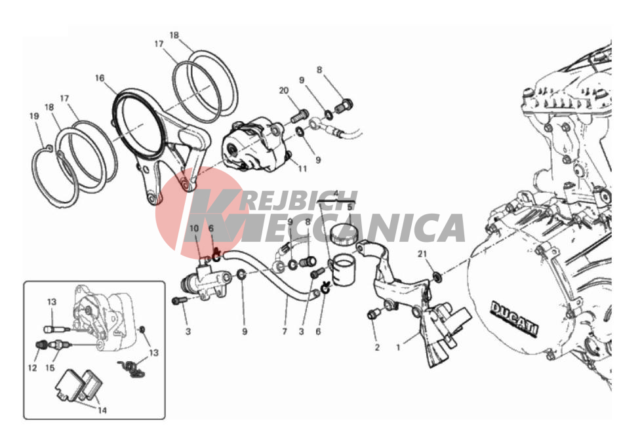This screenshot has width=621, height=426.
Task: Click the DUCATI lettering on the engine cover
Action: click(x=515, y=319)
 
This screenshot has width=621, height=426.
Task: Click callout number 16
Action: click(x=100, y=78)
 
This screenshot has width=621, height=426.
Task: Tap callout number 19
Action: click(x=35, y=116)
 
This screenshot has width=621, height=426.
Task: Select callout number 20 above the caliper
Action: click(x=284, y=90)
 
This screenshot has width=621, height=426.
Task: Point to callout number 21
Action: click(x=422, y=254)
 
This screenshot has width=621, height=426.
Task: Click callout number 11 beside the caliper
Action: click(x=302, y=169)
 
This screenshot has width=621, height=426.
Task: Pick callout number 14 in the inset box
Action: click(x=102, y=410)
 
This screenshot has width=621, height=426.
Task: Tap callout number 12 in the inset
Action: click(x=33, y=368)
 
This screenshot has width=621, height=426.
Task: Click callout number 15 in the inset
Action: click(x=50, y=368)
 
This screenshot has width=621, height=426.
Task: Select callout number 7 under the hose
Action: click(x=285, y=331)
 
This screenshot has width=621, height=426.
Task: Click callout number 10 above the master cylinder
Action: click(x=194, y=229)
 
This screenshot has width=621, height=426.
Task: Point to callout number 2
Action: click(x=377, y=347)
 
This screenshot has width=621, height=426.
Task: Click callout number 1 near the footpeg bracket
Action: click(x=399, y=347)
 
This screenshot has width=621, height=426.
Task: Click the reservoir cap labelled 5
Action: click(x=344, y=233)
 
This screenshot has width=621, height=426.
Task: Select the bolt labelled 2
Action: click(x=374, y=315)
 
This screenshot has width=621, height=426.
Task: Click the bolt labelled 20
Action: click(x=300, y=115)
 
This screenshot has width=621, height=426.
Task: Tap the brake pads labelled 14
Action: click(x=79, y=385)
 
